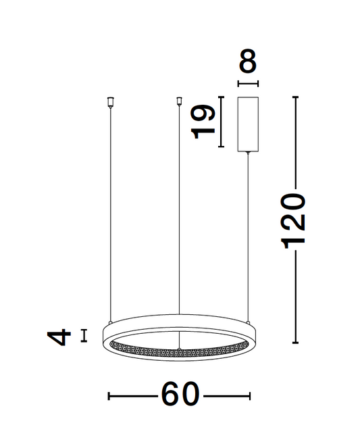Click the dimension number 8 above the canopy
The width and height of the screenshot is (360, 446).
click(x=248, y=61)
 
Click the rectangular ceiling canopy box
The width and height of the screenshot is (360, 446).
click(x=248, y=124)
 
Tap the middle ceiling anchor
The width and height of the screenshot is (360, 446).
click(x=179, y=102)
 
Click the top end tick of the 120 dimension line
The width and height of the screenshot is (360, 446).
click(x=294, y=97)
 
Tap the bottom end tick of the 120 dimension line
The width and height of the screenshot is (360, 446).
click(x=294, y=343)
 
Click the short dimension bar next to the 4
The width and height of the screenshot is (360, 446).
click(x=84, y=335)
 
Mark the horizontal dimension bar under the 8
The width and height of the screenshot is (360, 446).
click(x=248, y=84)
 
